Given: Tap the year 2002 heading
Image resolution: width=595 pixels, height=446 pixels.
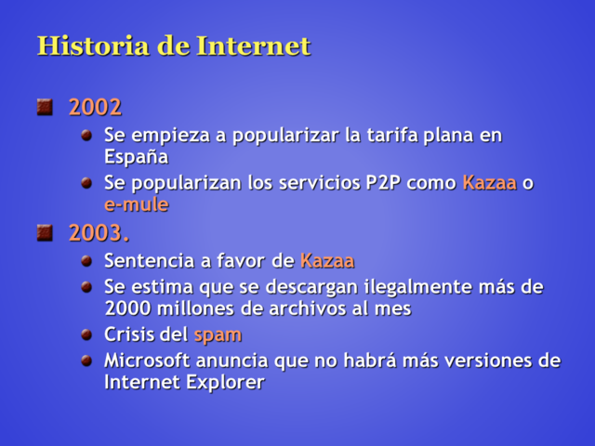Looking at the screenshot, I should tap(95, 108).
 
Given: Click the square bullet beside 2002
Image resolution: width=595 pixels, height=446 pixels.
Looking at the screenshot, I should tap(45, 108).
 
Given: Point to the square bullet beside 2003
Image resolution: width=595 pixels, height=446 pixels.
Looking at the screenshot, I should tap(45, 232).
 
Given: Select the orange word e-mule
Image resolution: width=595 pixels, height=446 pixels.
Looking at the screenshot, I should tap(136, 204).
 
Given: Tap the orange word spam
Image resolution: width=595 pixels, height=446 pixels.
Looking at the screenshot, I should tap(218, 334).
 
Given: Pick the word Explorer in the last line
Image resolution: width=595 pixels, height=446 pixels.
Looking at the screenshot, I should tap(223, 382).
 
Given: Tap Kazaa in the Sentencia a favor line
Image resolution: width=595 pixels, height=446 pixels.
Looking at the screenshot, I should tap(327, 261).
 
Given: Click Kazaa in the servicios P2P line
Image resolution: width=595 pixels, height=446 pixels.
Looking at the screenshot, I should tap(489, 182).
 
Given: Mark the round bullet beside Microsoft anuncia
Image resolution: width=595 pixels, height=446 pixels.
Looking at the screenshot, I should tap(86, 360).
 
